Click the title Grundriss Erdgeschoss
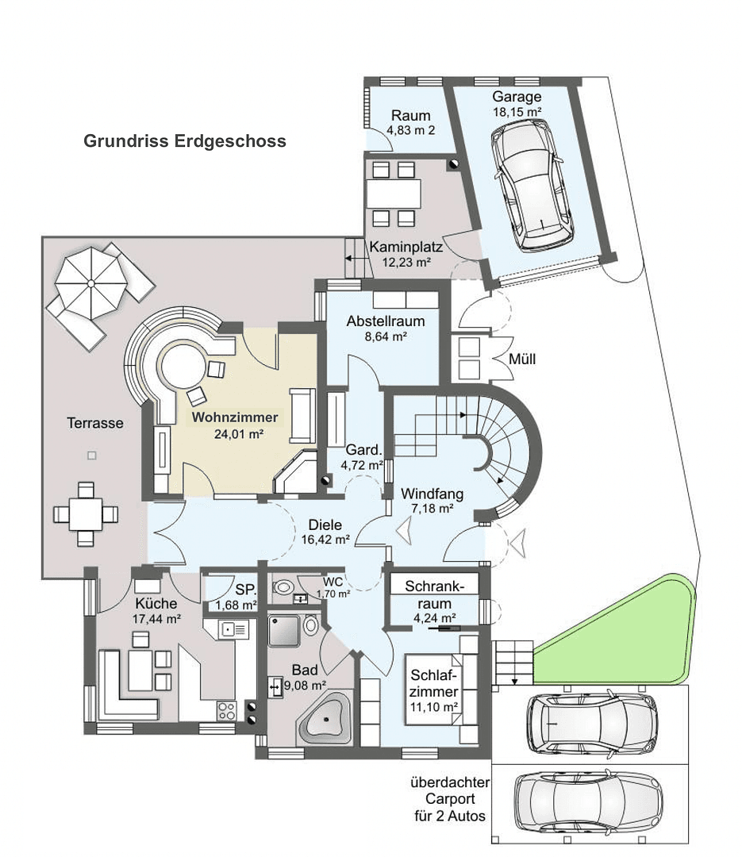point(185,141)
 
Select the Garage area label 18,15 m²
point(516,113)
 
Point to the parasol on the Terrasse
point(90,282)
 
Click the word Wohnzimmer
point(234,417)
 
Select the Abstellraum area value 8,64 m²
point(385,336)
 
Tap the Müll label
point(522,359)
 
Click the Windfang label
point(432,494)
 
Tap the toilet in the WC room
point(283,588)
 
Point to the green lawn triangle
point(627,635)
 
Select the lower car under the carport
point(587,801)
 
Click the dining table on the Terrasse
point(85,513)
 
